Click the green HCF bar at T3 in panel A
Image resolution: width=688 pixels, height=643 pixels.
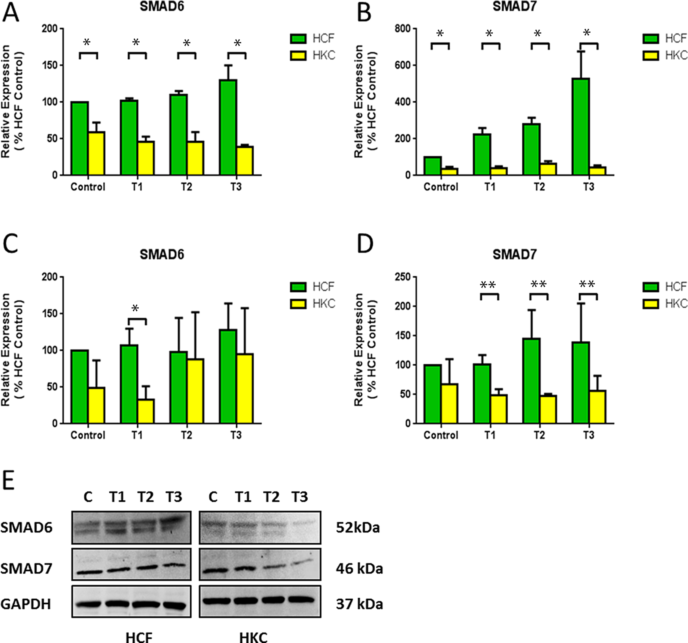(228, 127)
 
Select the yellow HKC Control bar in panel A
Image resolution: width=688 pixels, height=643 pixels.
(96, 153)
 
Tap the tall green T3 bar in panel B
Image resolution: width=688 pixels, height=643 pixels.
(581, 127)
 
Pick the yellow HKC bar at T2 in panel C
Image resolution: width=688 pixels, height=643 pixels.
(195, 391)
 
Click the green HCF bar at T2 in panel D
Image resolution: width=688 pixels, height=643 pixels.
(531, 381)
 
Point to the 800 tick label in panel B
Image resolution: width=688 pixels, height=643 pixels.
(403, 29)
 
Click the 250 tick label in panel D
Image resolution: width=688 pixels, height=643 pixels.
(403, 277)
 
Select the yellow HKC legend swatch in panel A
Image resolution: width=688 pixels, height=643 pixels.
(299, 55)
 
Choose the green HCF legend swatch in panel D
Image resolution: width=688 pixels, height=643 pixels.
(651, 287)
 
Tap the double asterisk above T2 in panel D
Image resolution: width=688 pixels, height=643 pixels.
(538, 285)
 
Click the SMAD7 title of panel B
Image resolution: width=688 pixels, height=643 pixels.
(515, 6)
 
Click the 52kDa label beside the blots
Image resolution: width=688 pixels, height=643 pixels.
(358, 528)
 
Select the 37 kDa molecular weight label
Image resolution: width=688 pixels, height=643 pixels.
(359, 604)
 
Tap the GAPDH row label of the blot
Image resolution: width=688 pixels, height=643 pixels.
(26, 604)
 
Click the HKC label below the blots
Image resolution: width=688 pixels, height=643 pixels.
(253, 637)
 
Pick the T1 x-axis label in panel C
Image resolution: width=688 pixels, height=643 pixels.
(137, 435)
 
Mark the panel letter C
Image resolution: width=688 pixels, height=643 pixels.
(10, 244)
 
